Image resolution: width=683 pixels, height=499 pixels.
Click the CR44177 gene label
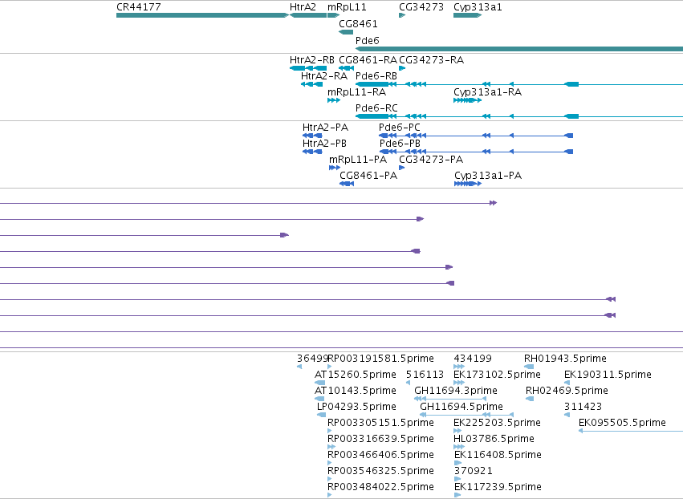tap(139, 7)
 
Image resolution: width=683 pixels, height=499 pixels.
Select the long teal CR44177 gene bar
tap(202, 15)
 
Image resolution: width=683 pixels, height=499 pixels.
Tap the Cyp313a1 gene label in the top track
tap(478, 7)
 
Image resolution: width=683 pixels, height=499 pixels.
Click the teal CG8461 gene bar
tap(346, 32)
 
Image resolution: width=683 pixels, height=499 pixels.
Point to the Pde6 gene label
tap(368, 40)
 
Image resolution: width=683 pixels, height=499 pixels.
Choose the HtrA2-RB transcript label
tap(312, 60)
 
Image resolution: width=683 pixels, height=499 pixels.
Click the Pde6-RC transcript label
tap(376, 108)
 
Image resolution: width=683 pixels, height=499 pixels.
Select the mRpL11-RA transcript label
tap(356, 92)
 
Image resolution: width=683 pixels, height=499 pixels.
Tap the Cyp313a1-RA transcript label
tap(487, 92)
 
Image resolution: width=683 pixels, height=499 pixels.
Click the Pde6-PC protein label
tap(400, 128)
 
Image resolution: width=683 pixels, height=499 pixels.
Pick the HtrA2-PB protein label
tap(324, 144)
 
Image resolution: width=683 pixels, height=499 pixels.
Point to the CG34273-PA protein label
tap(431, 160)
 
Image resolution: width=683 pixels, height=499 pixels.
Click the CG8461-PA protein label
tap(368, 176)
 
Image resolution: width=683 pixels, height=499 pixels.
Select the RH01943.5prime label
tap(565, 359)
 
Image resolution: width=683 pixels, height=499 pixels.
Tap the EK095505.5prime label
tap(622, 423)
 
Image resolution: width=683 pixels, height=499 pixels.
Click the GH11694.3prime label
tap(456, 391)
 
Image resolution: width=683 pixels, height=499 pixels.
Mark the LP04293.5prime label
tap(356, 407)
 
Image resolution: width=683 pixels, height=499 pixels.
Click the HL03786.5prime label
tap(494, 439)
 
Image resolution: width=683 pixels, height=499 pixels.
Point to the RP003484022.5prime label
tap(380, 487)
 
